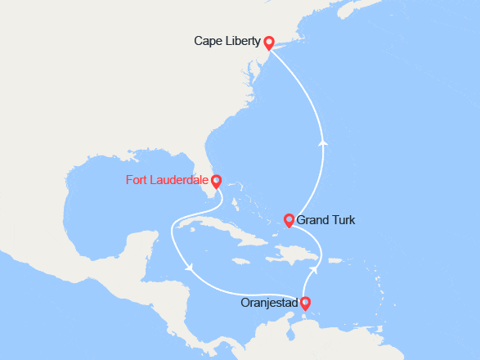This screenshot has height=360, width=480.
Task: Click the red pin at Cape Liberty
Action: [269, 40]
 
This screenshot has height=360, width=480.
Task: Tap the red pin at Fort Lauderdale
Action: [216, 180]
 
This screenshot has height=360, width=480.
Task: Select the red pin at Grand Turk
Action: [289, 219]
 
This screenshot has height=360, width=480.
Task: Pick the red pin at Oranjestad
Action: [307, 303]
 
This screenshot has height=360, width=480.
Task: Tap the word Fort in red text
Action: [138, 180]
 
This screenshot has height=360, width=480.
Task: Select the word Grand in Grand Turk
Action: [313, 220]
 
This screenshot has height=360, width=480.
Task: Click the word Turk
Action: [343, 220]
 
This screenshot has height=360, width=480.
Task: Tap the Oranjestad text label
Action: [270, 304]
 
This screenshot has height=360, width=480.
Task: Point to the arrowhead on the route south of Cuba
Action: [189, 268]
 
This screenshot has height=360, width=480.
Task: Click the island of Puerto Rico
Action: [334, 260]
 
